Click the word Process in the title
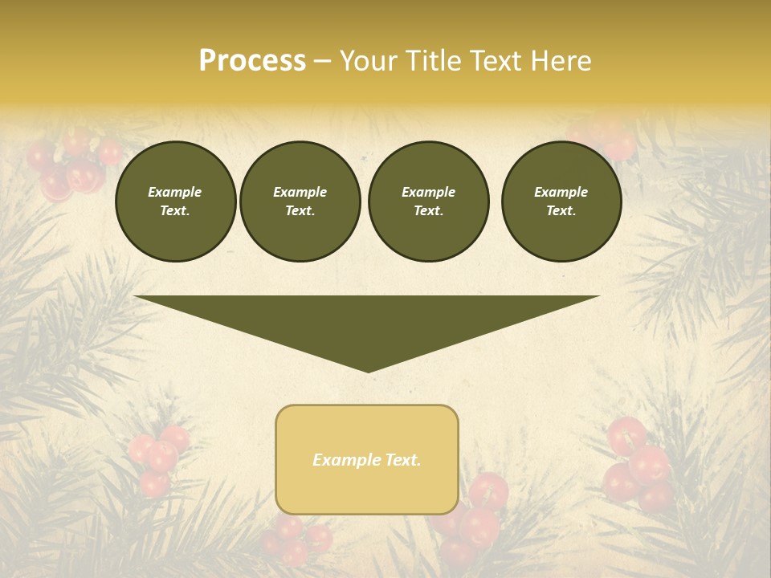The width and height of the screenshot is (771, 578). coord(252,61)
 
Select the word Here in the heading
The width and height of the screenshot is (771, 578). coord(560,61)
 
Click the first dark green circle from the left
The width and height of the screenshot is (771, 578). coord(176,201)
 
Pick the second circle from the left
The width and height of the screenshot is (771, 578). coord(300,201)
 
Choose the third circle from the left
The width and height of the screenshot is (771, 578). coord(429,201)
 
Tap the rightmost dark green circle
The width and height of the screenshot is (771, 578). coord(561,201)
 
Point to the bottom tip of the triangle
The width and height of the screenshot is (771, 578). coord(368,370)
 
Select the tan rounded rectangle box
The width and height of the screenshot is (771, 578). coord(367,459)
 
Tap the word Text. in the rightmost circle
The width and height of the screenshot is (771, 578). coord(561,211)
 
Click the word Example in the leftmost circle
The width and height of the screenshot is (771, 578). coord(175,192)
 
